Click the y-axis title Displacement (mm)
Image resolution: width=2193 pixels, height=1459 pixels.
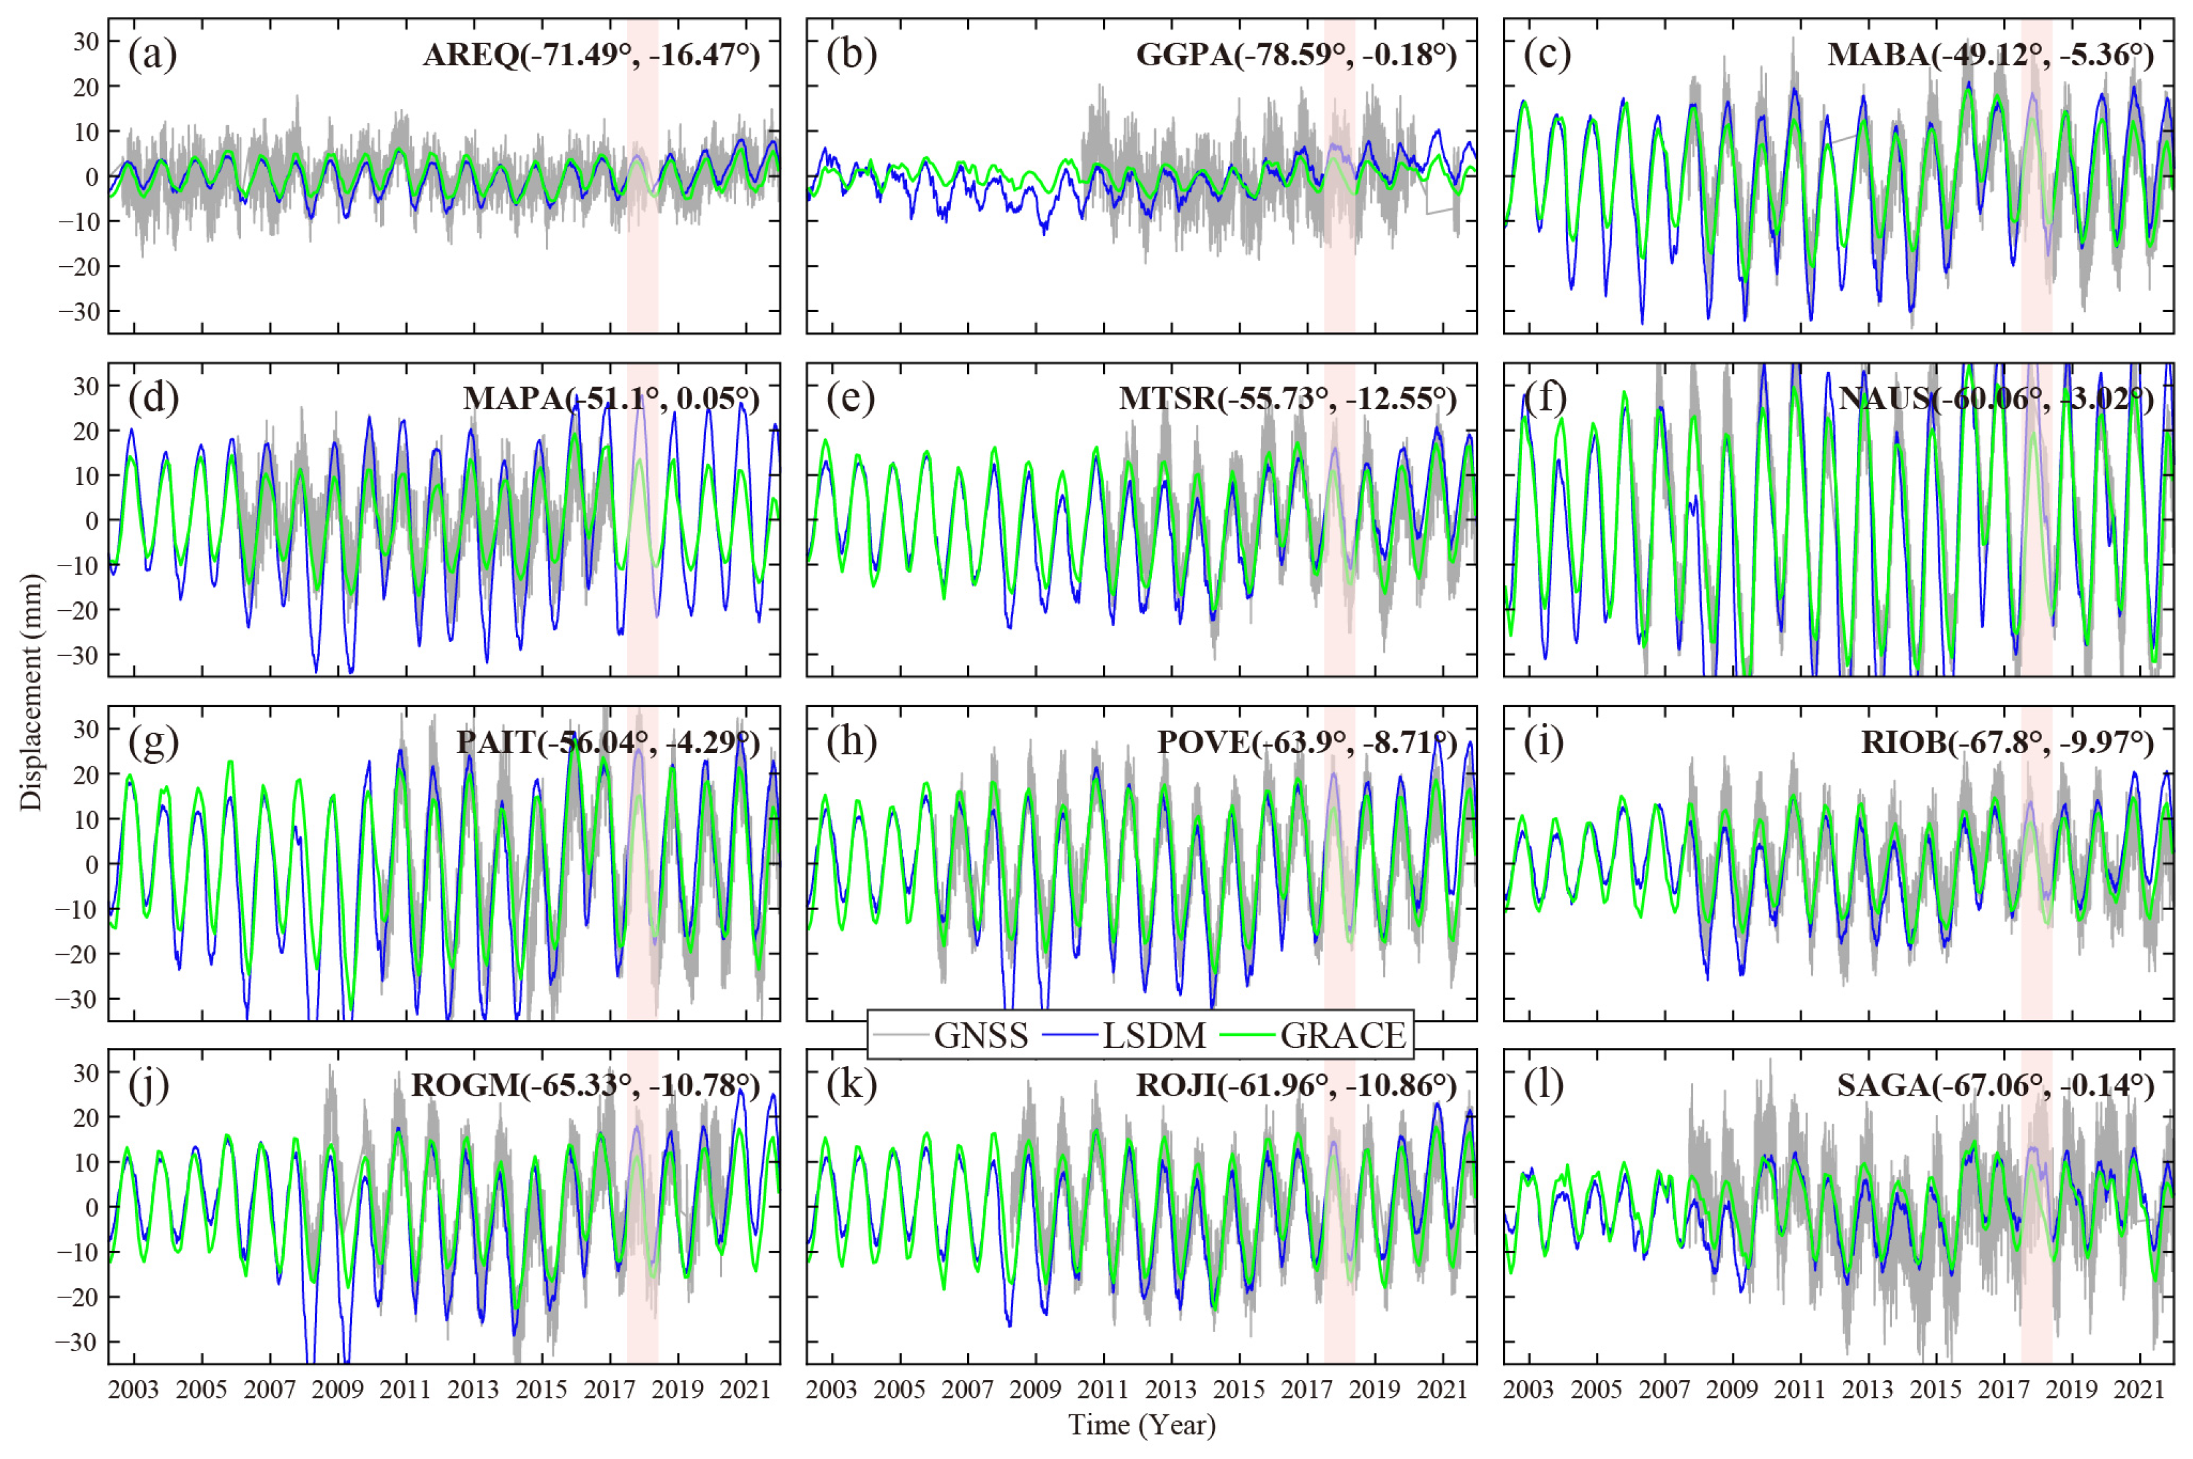pyautogui.click(x=32, y=693)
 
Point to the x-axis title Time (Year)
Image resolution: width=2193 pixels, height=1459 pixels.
pyautogui.click(x=1141, y=1424)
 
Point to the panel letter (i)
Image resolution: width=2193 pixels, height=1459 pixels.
pyautogui.click(x=1545, y=742)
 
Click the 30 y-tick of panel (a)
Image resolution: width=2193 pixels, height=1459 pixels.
pyautogui.click(x=86, y=41)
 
